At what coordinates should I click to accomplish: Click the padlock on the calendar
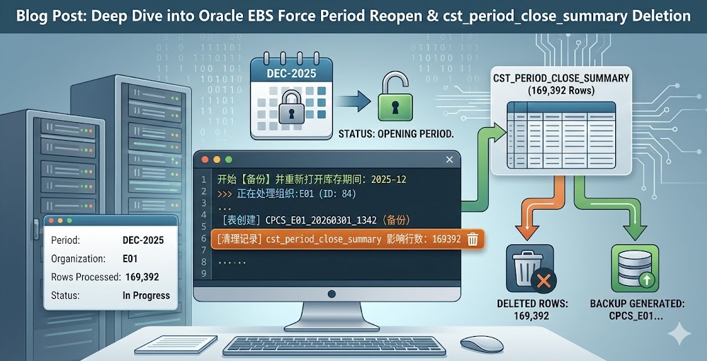[x=291, y=111]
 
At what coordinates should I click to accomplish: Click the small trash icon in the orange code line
[x=473, y=239]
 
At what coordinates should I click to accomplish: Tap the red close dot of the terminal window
[x=205, y=159]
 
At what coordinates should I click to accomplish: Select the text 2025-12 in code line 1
[x=388, y=179]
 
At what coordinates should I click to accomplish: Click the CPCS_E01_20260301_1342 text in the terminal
[x=320, y=220]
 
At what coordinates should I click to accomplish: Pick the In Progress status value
[x=146, y=295]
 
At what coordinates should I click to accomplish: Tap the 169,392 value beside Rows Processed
[x=142, y=277]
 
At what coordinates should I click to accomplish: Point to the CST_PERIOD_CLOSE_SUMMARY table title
[x=561, y=78]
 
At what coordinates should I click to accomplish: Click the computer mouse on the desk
[x=481, y=343]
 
